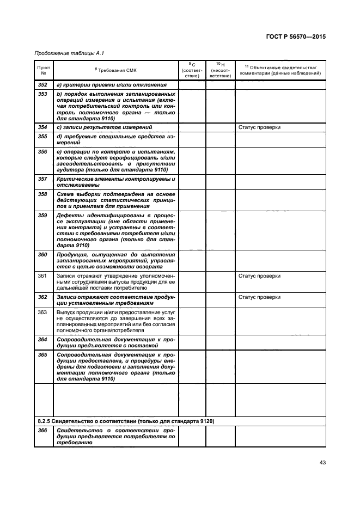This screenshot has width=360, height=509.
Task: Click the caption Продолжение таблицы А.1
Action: (x=65, y=53)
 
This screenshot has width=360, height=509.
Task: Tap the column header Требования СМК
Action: (x=115, y=70)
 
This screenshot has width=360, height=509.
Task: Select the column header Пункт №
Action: (x=43, y=70)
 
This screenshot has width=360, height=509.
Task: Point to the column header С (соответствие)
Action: (x=192, y=70)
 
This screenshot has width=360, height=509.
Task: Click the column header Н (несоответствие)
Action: (x=220, y=70)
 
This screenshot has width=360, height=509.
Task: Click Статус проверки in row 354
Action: (x=260, y=127)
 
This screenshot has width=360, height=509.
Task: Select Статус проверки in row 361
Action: (x=260, y=276)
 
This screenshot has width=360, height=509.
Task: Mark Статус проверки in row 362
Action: (x=260, y=297)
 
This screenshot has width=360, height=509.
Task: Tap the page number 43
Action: (x=322, y=463)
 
